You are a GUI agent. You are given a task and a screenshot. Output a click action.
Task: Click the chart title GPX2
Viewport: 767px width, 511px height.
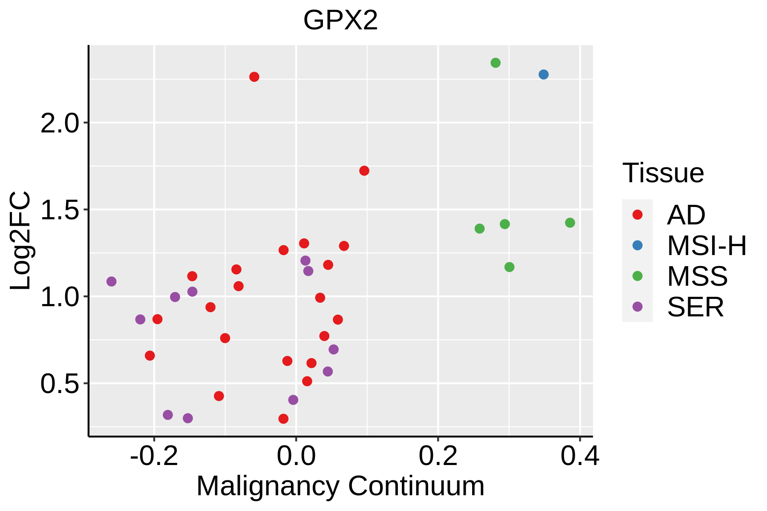tap(340, 20)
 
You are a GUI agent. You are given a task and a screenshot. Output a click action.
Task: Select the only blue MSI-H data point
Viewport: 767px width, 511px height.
tap(543, 75)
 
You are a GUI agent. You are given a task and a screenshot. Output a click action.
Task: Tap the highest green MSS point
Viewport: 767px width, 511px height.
tap(495, 63)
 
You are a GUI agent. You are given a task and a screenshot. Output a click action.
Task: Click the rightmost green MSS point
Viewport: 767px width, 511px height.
tap(570, 223)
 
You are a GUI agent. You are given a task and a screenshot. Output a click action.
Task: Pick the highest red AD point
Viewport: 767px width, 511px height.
tap(254, 77)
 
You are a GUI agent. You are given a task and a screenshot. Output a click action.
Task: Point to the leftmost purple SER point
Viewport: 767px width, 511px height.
tap(112, 281)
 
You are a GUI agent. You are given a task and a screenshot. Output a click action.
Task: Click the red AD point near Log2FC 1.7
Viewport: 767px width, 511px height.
tap(364, 171)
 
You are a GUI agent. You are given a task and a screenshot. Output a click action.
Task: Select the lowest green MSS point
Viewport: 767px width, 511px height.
tap(509, 267)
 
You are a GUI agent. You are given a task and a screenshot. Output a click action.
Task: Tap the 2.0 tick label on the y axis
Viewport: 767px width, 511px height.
tap(60, 123)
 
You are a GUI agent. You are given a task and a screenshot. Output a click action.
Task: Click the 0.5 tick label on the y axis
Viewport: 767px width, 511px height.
tap(60, 384)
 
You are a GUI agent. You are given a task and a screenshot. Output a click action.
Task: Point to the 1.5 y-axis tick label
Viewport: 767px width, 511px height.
tap(60, 210)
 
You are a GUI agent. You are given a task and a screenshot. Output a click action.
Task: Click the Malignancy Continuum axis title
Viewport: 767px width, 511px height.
tap(340, 486)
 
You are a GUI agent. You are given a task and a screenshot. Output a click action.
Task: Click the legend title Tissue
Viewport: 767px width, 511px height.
tap(663, 173)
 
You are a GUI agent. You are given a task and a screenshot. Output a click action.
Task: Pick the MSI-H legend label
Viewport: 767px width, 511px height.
tap(706, 246)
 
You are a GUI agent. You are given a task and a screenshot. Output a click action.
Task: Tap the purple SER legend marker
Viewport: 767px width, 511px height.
tap(637, 307)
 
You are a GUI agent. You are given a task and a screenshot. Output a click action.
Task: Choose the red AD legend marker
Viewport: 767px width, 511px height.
tap(637, 215)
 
